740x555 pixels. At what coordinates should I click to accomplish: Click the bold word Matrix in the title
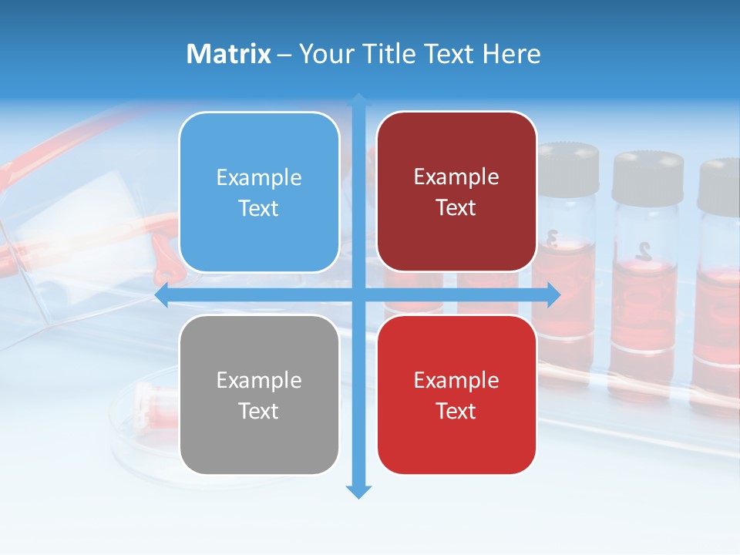[228, 54]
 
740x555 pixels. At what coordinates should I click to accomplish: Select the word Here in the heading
[511, 54]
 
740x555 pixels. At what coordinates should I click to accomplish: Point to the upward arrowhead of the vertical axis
[358, 99]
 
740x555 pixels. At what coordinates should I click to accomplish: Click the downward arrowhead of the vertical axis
[358, 491]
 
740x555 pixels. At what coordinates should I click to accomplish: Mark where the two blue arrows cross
[358, 294]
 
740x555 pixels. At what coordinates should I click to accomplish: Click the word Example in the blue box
[259, 177]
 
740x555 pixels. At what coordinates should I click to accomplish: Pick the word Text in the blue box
[259, 208]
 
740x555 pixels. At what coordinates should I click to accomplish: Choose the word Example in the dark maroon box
[456, 177]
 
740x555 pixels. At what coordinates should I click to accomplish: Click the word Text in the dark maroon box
[456, 207]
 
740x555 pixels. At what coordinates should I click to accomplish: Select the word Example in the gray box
[259, 380]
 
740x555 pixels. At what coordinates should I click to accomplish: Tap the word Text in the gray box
[259, 411]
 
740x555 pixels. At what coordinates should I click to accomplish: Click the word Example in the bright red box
[456, 380]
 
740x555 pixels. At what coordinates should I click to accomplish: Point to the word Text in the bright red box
[456, 411]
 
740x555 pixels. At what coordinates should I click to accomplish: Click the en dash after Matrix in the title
[284, 55]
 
